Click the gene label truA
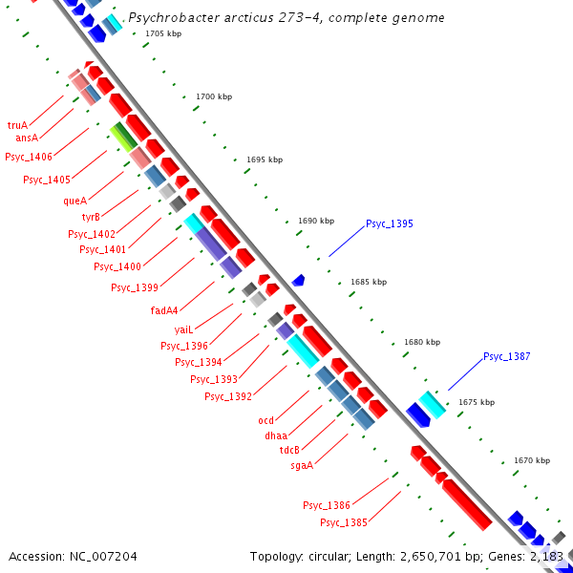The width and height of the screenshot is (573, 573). pyautogui.click(x=17, y=125)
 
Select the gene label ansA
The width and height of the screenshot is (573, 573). pyautogui.click(x=27, y=138)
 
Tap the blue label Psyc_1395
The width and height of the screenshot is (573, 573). pyautogui.click(x=389, y=224)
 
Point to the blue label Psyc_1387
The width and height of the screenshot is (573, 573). pyautogui.click(x=506, y=357)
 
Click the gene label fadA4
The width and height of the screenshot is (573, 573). pyautogui.click(x=164, y=310)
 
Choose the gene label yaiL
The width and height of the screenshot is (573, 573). pyautogui.click(x=183, y=329)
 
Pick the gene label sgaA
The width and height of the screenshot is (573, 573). pyautogui.click(x=302, y=465)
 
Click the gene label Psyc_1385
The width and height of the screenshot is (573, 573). pyautogui.click(x=344, y=522)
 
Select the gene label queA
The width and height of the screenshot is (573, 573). pyautogui.click(x=74, y=201)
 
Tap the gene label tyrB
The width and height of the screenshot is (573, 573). pyautogui.click(x=91, y=217)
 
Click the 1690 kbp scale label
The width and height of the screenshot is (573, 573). pyautogui.click(x=316, y=221)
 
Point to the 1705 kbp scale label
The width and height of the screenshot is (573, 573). pyautogui.click(x=163, y=34)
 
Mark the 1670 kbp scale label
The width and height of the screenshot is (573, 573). pyautogui.click(x=532, y=460)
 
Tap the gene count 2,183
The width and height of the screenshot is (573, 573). pyautogui.click(x=547, y=556)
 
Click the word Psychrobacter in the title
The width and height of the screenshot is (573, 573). pyautogui.click(x=168, y=17)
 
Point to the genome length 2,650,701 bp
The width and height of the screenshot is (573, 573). pyautogui.click(x=421, y=556)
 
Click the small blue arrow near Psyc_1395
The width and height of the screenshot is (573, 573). pyautogui.click(x=299, y=280)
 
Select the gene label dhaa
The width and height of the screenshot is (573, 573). pyautogui.click(x=276, y=435)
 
